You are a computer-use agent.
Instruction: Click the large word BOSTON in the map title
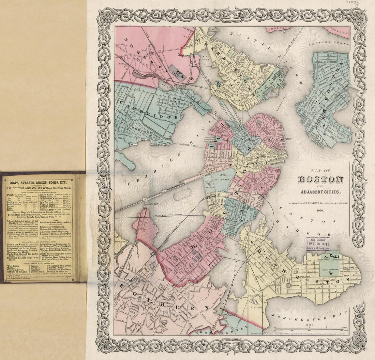pyautogui.click(x=321, y=179)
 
